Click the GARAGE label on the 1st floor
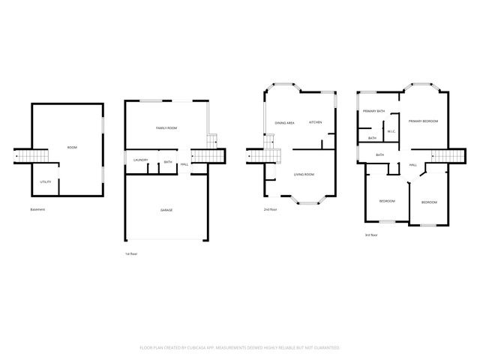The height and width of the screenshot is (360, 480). coord(166,210)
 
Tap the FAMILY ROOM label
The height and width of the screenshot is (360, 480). coord(166,128)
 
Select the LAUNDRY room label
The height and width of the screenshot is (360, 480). coord(140,160)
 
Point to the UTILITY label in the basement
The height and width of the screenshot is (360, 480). coord(45,182)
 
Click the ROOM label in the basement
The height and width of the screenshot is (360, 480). coord(72,147)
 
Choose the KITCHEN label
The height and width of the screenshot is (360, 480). coord(316,122)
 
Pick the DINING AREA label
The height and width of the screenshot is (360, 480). coord(284,122)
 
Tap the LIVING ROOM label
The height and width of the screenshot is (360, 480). coord(304,174)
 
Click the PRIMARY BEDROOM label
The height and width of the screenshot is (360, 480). coord(423,121)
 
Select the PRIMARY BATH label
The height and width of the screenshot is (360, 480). coord(373,111)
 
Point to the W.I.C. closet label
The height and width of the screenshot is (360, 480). coord(391,132)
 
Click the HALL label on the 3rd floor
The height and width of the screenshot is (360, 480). coord(412,165)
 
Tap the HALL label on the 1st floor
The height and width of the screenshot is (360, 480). coord(184,164)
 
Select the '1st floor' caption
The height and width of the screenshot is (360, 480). coord(131,254)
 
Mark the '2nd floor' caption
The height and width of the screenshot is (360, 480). coord(271,209)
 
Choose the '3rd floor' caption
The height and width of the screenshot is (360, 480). coord(371,235)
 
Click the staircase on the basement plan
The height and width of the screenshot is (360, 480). coord(31,156)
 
